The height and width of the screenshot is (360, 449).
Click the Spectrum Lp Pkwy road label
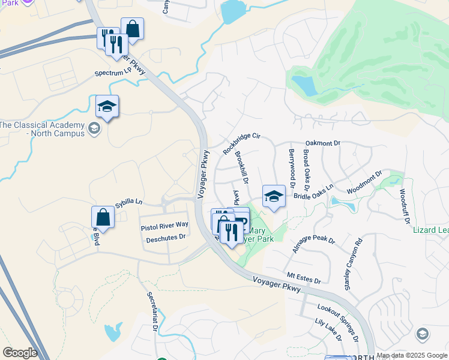(x=121, y=74)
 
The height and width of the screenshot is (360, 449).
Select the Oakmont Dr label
(x=323, y=143)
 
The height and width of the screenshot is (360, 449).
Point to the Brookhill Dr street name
(x=241, y=167)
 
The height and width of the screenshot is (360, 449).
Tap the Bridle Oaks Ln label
(x=313, y=193)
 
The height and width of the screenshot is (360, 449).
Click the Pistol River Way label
(x=164, y=225)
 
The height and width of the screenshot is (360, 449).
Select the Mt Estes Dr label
(x=304, y=278)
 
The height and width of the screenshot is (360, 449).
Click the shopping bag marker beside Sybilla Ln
(x=103, y=217)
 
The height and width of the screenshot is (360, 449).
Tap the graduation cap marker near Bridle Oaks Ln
(x=274, y=196)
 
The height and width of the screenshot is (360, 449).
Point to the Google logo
(x=20, y=353)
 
